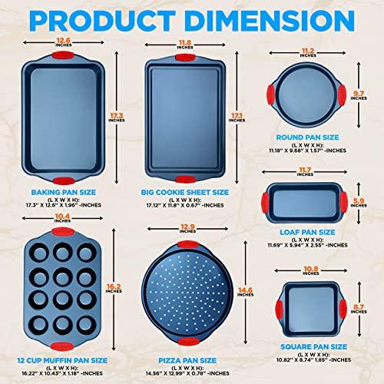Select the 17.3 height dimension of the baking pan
pos(114,114)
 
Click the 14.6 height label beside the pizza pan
pos(243,290)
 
